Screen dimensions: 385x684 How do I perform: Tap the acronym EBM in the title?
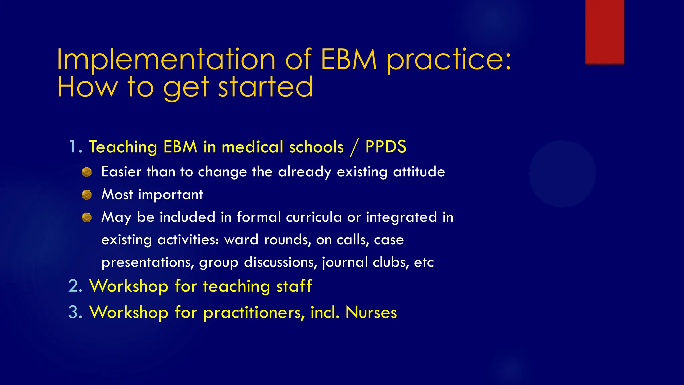[x=348, y=59]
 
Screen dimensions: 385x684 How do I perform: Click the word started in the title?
[x=266, y=87]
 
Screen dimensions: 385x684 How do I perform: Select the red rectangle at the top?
[x=605, y=32]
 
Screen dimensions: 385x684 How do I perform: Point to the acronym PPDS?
[x=386, y=147]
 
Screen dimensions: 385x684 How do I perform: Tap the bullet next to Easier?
[x=87, y=172]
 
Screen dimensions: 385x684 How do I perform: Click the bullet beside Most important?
[x=87, y=195]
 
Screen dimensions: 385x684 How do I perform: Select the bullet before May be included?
[x=87, y=217]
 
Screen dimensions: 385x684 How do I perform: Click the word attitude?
[x=419, y=172]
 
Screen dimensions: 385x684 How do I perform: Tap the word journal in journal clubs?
[x=345, y=262]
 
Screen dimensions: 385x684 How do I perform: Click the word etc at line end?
[x=423, y=262]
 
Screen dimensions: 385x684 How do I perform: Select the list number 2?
[x=75, y=286]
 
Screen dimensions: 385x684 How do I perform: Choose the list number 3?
[x=75, y=312]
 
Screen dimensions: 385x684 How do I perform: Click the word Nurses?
[x=371, y=312]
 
